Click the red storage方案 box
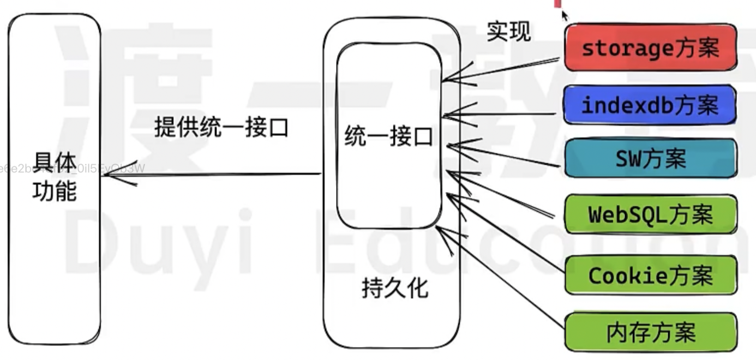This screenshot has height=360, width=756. [650, 47]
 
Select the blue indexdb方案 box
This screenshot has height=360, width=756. [650, 105]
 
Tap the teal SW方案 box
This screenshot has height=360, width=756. [650, 158]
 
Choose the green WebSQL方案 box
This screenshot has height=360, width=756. [650, 214]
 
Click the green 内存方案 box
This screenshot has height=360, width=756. [650, 332]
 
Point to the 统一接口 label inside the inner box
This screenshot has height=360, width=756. [388, 137]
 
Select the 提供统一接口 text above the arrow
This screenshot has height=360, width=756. [221, 128]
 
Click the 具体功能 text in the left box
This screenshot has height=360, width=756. [55, 176]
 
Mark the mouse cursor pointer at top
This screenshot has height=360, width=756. [564, 15]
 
